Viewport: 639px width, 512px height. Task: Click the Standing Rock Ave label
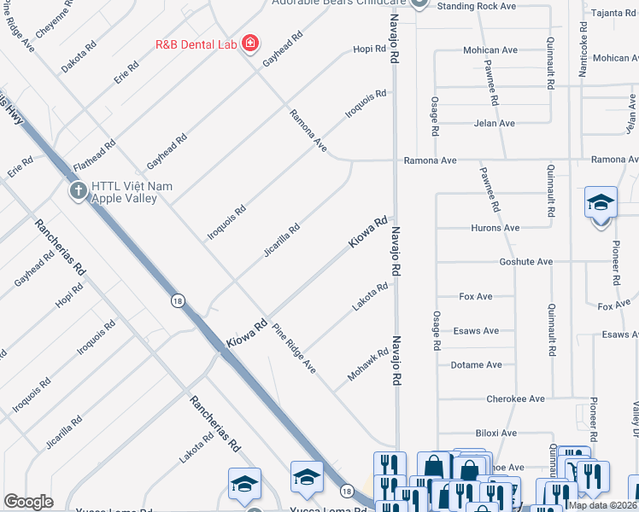[x=477, y=6]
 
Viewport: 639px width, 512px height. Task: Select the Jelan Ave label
[x=495, y=123]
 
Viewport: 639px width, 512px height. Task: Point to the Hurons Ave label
[x=495, y=228]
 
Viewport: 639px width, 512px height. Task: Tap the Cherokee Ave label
[x=515, y=399]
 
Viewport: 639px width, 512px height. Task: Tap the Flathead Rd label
[x=94, y=155]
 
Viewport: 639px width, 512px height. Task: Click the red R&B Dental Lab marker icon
[x=249, y=43]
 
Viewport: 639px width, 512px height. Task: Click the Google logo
[x=28, y=502]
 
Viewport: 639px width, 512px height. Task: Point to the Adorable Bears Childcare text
[x=338, y=3]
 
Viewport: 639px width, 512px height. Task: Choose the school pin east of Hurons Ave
[x=601, y=205]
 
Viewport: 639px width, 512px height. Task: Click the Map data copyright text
[x=603, y=505]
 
